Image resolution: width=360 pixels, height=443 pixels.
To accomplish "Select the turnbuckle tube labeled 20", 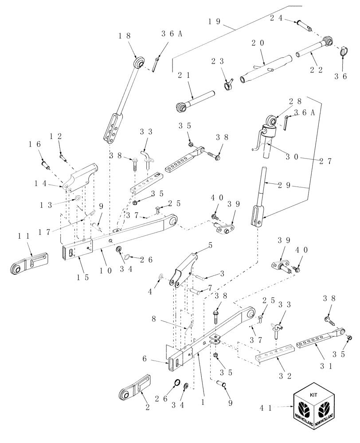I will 265,70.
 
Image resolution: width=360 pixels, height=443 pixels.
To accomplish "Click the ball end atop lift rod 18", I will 138,62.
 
